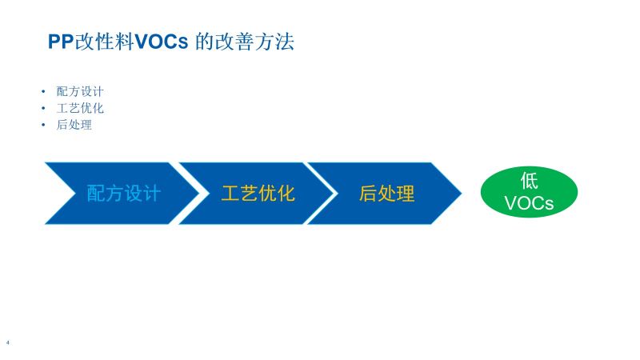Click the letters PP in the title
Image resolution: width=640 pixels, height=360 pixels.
pos(61,42)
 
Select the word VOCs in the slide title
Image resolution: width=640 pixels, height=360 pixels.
pos(162,42)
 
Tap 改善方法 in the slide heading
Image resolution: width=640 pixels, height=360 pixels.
pos(254,42)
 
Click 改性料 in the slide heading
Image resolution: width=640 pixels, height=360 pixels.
pos(104,42)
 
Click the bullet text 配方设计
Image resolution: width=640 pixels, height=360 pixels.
pos(80,91)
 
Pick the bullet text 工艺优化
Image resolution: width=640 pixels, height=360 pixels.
pos(80,108)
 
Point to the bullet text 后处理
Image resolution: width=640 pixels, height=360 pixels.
pos(74,125)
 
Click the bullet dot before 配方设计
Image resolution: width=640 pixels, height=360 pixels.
pos(43,91)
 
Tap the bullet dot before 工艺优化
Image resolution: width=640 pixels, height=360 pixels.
pos(43,108)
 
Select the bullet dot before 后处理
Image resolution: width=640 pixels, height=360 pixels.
pos(43,125)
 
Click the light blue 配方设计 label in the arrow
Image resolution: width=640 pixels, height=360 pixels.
pos(124,193)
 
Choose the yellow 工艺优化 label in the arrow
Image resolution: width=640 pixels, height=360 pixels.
pos(258,193)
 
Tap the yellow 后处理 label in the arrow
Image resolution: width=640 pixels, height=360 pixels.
pos(387,193)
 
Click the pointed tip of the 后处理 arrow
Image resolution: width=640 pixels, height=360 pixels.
pos(462,193)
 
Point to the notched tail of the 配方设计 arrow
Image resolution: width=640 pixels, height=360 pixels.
pos(75,193)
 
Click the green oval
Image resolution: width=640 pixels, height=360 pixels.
pos(529,192)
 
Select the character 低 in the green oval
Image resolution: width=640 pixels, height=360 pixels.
pos(529,181)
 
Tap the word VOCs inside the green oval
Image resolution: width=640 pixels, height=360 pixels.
pos(529,203)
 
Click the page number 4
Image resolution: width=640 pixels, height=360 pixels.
pos(7,343)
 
